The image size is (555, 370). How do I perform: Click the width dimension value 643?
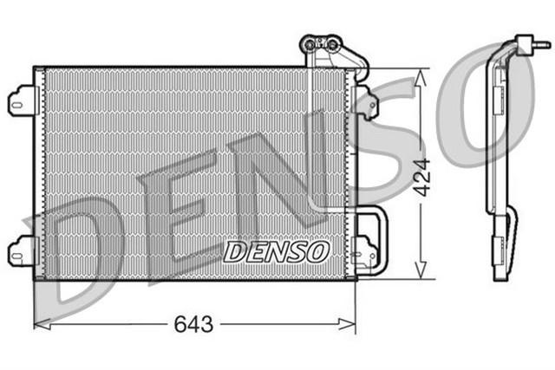pyautogui.click(x=195, y=325)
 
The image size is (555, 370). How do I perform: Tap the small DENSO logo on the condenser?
pyautogui.click(x=277, y=251)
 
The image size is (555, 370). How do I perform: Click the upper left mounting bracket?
pyautogui.click(x=22, y=101)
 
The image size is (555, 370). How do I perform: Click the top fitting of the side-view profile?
pyautogui.click(x=530, y=42)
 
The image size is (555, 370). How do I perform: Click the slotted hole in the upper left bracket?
pyautogui.click(x=17, y=101)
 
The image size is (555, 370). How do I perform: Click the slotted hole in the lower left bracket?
pyautogui.click(x=17, y=252)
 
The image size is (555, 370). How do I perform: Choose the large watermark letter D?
pyautogui.click(x=82, y=251)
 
